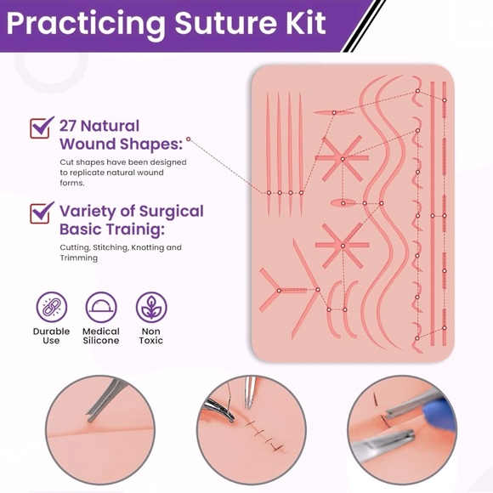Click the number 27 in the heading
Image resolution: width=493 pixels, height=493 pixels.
point(70,126)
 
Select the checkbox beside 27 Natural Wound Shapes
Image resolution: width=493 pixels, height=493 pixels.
point(41,127)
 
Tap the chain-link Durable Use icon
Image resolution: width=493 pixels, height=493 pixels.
point(51,307)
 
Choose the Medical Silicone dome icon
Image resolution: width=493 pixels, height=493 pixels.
point(101,307)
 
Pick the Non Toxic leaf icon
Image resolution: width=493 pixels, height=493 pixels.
point(151,307)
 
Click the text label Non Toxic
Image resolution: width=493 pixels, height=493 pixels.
point(151,336)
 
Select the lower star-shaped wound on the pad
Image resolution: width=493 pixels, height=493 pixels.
point(343,246)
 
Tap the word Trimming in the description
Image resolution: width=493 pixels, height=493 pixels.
point(78,258)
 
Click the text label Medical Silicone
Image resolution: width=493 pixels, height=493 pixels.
point(101,336)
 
